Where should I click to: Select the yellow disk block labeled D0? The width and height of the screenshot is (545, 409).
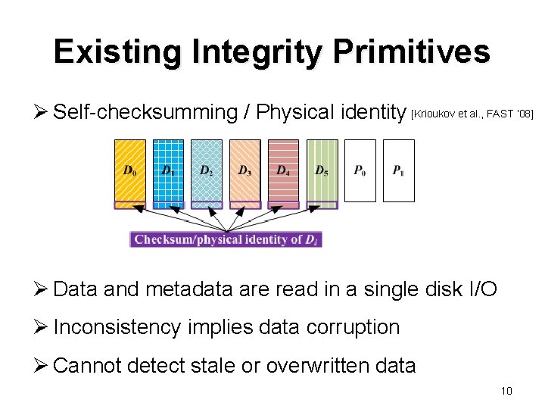click(x=130, y=170)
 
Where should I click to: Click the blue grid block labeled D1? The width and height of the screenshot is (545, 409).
click(x=169, y=170)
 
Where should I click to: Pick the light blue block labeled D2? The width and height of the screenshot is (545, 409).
click(x=207, y=170)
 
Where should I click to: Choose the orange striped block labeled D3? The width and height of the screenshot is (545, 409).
click(x=245, y=170)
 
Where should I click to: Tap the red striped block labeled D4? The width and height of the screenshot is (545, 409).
click(x=283, y=170)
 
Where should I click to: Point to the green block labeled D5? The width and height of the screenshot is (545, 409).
click(x=322, y=170)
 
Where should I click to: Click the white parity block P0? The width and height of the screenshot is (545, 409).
click(x=360, y=170)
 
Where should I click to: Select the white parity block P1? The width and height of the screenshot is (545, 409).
click(x=398, y=170)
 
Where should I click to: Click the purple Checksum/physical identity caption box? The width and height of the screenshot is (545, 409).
click(x=226, y=239)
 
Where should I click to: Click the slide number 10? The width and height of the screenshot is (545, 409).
click(x=506, y=391)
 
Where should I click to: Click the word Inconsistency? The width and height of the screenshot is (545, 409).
click(x=117, y=327)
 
